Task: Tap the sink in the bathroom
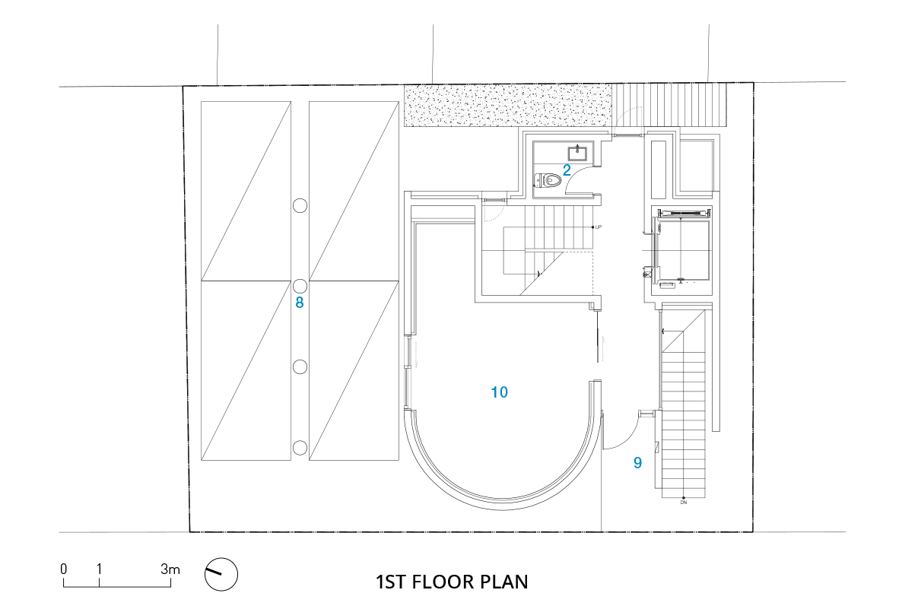(577, 153)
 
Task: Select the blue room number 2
(567, 170)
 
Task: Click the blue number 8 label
(300, 303)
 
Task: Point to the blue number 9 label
(637, 463)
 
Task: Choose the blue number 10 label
(500, 392)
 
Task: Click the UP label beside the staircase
(599, 227)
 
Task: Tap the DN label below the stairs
(684, 503)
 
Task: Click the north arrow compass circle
(221, 574)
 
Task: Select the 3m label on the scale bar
(170, 569)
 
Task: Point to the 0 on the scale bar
(64, 569)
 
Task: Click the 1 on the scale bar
(99, 569)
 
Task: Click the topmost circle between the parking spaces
(300, 205)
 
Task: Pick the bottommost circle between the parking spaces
(300, 448)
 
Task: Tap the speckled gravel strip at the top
(508, 106)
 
